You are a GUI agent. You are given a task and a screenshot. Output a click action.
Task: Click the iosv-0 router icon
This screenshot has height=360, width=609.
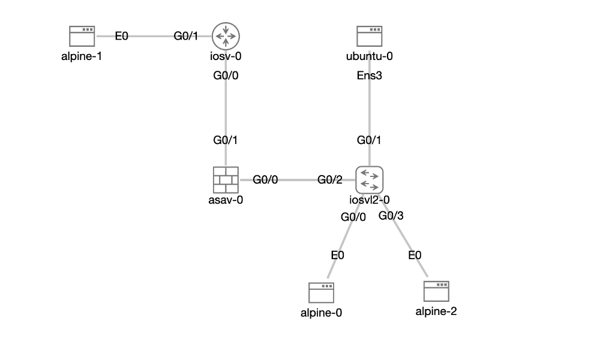[226, 36]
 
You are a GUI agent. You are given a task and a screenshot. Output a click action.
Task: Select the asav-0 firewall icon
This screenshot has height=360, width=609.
[226, 179]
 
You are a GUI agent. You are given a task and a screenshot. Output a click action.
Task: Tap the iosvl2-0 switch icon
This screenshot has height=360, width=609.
[369, 179]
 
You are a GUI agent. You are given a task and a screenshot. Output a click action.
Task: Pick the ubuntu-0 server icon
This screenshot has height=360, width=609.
[369, 36]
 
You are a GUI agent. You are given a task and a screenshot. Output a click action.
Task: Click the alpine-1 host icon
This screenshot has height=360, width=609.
[82, 36]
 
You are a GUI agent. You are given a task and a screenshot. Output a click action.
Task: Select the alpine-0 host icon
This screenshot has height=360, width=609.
[322, 293]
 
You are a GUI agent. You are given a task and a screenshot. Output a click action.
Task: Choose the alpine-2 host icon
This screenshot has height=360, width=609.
[436, 292]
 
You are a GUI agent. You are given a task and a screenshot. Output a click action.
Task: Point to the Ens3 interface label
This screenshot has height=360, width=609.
[369, 76]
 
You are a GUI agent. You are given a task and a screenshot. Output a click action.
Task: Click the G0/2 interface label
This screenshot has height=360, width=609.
[329, 179]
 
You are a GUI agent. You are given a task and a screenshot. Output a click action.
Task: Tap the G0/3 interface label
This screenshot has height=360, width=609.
[391, 216]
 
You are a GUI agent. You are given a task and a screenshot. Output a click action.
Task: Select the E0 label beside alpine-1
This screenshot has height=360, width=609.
[122, 36]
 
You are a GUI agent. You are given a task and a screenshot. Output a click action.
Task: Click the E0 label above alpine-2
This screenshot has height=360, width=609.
[415, 255]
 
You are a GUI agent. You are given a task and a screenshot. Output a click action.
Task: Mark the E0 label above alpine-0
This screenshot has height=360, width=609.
[338, 255]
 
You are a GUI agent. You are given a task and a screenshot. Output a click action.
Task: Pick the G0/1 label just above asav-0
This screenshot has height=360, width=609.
[226, 140]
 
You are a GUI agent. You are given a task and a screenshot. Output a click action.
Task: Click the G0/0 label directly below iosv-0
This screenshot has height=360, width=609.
[226, 76]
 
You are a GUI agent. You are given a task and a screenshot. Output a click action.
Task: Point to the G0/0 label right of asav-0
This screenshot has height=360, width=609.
[265, 179]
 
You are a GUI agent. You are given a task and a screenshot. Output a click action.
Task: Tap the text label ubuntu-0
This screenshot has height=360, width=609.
[369, 57]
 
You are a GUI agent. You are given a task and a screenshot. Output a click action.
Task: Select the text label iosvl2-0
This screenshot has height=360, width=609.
[369, 200]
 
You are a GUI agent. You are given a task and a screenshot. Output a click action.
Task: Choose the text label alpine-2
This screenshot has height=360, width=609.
[436, 311]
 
